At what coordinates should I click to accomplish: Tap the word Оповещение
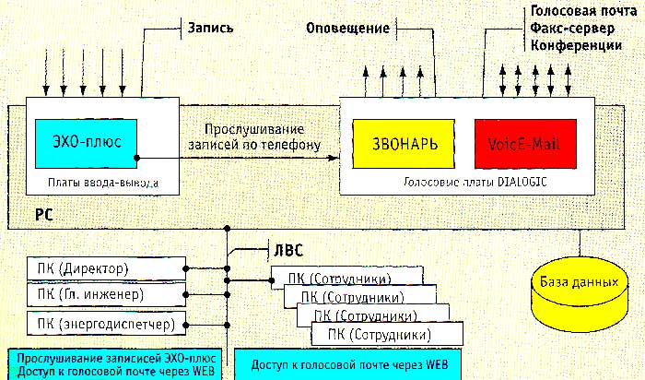click(x=346, y=29)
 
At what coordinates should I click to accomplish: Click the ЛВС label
click(x=286, y=249)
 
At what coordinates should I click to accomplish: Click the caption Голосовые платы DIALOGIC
click(x=475, y=183)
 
